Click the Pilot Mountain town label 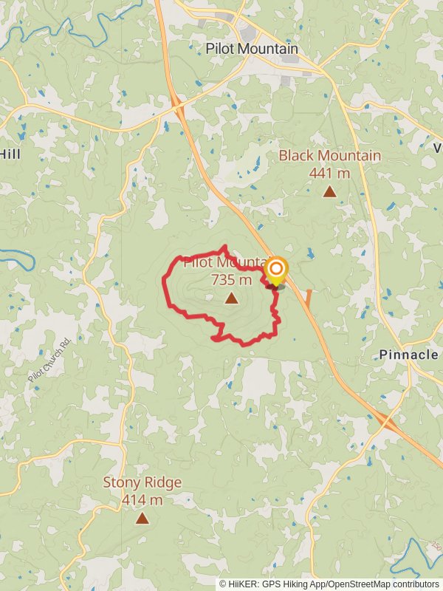tap(252, 49)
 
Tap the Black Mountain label tap(329, 156)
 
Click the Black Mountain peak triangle tap(329, 192)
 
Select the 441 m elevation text tap(329, 174)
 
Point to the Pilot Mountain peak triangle tap(232, 298)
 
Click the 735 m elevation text tap(231, 280)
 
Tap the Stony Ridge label tap(142, 482)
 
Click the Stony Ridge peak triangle tap(142, 519)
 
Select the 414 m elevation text tap(142, 500)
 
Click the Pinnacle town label tap(408, 355)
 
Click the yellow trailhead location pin tap(276, 270)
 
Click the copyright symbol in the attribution tap(223, 584)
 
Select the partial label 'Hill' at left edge tap(10, 154)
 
